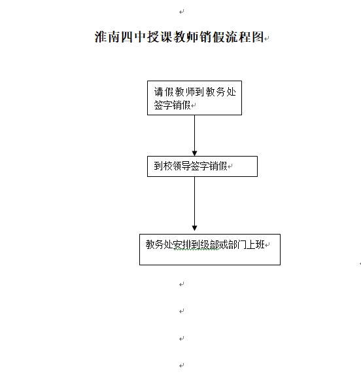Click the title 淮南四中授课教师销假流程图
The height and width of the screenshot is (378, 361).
[x=179, y=37]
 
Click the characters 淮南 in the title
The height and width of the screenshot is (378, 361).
[x=107, y=37]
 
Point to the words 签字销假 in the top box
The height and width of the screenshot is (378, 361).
[x=172, y=105]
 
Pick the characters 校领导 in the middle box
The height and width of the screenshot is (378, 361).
[x=177, y=166]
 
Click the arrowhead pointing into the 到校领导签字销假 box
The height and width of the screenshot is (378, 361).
[x=194, y=153]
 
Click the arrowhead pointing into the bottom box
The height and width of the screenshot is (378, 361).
[x=194, y=228]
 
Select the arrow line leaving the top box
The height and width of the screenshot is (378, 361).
[x=194, y=136]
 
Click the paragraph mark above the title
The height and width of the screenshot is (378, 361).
[x=181, y=12]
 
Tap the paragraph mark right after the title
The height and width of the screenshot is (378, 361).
[x=267, y=39]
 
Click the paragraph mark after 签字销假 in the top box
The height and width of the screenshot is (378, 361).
[x=194, y=105]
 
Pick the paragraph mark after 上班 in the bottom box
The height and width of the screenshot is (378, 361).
[x=267, y=245]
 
